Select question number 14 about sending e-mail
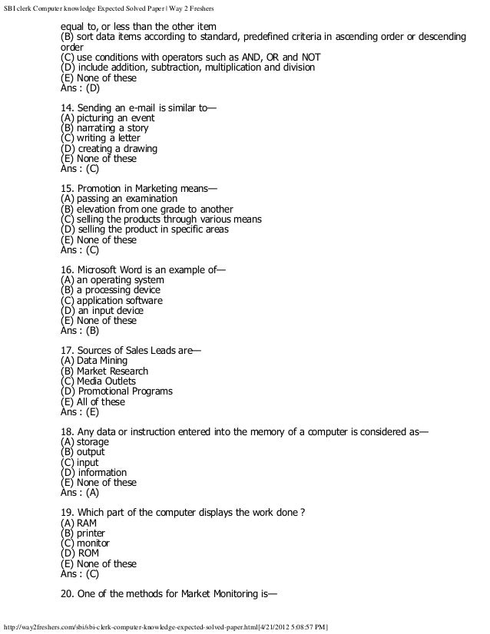(138, 107)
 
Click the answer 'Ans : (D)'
(80, 88)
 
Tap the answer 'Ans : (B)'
(80, 331)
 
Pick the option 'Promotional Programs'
(116, 391)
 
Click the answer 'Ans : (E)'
(80, 412)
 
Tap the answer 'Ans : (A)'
(80, 493)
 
